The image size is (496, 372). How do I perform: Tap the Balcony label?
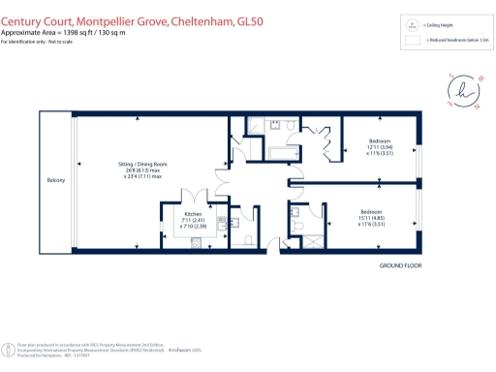(55, 180)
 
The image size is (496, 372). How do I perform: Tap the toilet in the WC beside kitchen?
(250, 238)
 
